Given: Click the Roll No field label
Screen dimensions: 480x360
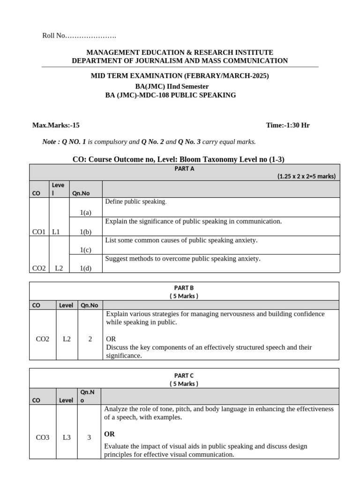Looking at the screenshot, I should (54, 36).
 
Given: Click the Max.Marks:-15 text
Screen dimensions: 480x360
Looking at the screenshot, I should (56, 125).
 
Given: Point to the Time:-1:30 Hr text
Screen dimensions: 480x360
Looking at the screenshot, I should (287, 125).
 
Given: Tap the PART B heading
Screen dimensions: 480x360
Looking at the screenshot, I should (184, 287).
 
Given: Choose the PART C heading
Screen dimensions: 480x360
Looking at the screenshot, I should (184, 375).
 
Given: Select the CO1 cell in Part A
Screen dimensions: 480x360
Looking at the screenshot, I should (38, 232).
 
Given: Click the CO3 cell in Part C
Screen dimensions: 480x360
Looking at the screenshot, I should (43, 438).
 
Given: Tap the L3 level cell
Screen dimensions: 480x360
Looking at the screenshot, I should (67, 438).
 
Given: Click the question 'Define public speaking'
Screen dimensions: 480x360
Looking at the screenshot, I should (135, 202).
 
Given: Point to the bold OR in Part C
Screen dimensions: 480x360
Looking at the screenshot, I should (109, 434).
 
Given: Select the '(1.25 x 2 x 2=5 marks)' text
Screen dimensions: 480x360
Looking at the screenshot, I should (306, 176).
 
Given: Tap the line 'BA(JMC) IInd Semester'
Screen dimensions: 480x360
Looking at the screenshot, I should (172, 86).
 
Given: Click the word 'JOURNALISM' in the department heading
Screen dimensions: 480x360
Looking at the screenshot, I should (145, 60).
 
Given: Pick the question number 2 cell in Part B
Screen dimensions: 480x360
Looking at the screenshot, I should (90, 339).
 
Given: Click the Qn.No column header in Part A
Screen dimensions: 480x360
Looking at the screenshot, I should (81, 193).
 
